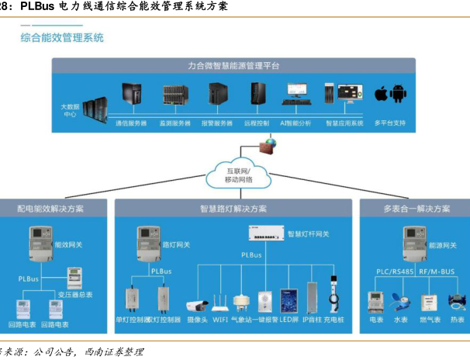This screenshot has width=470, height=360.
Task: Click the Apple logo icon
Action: [x=381, y=95]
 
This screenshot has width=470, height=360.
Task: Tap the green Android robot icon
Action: [x=399, y=95]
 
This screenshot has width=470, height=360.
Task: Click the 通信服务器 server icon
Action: [x=131, y=95]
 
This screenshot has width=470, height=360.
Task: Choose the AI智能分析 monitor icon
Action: [x=295, y=94]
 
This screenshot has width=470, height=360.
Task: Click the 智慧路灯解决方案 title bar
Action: [x=233, y=209]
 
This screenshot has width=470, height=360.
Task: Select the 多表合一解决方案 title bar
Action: [x=416, y=209]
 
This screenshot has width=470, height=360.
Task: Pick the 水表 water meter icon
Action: [x=401, y=302]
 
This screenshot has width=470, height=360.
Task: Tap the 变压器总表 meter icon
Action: [x=74, y=277]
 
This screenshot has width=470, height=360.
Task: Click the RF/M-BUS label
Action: [x=437, y=271]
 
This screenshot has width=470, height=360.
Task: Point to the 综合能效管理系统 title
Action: [x=62, y=37]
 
